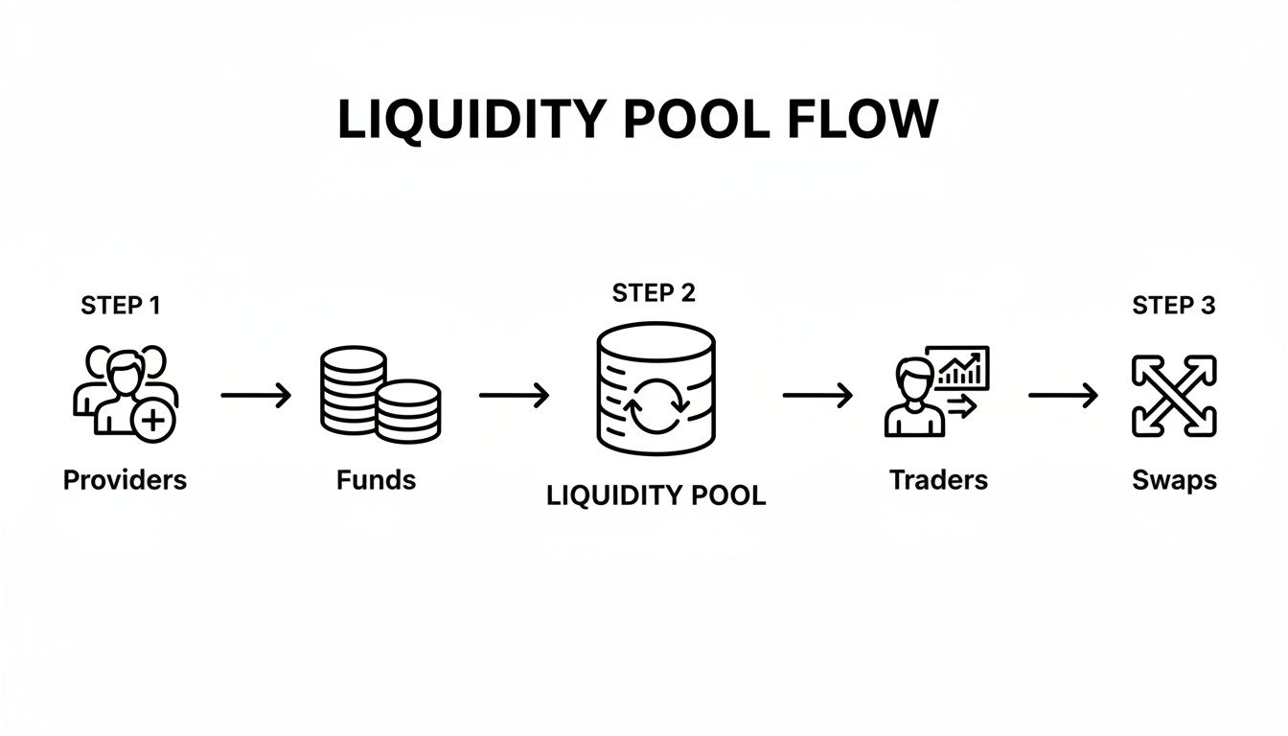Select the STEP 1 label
(x=121, y=306)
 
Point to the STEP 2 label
(x=654, y=293)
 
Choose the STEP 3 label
(x=1174, y=306)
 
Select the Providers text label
(x=125, y=479)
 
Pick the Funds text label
(x=377, y=479)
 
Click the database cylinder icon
(x=655, y=387)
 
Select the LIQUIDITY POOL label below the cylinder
(x=655, y=495)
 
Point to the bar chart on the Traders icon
(x=961, y=369)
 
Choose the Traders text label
(x=938, y=479)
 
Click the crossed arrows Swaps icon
(x=1174, y=395)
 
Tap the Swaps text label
(x=1174, y=479)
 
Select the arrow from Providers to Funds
(x=256, y=395)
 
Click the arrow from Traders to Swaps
(x=1063, y=395)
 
